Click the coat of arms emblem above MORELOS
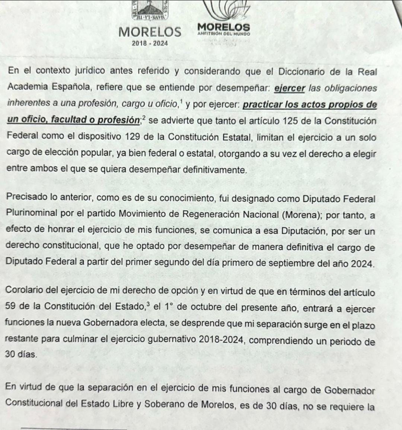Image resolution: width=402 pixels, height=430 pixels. coord(150,10)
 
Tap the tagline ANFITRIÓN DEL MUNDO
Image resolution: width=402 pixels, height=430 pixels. coord(224,34)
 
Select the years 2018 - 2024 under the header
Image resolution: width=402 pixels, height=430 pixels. coord(150,43)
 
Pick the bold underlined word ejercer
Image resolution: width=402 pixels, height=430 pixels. coord(290,89)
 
